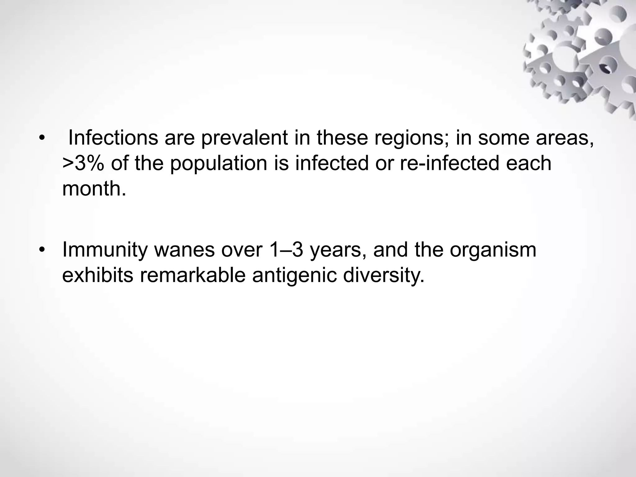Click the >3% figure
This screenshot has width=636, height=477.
[83, 163]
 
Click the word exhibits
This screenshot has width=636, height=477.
[98, 275]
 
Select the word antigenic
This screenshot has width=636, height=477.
[294, 275]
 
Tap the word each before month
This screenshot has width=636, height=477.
[529, 163]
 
